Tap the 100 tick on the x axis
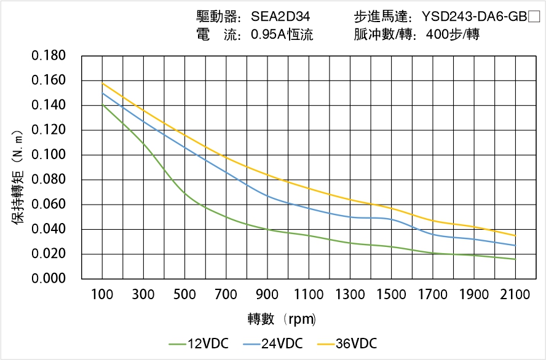(x=102, y=295)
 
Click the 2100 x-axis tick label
(x=515, y=295)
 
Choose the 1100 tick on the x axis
(x=309, y=295)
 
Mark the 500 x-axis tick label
(x=184, y=295)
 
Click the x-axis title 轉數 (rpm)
(x=282, y=319)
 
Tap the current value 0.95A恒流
(x=282, y=35)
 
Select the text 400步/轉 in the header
(x=452, y=35)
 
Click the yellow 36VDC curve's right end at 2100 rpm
(x=515, y=235)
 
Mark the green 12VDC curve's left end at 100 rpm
(x=102, y=105)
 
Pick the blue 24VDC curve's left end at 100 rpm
(x=102, y=93)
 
